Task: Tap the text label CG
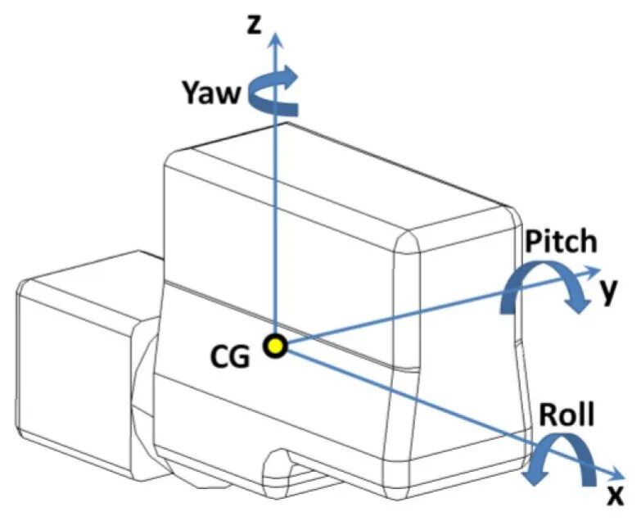(x=230, y=357)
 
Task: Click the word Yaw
(x=210, y=93)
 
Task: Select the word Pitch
(x=561, y=242)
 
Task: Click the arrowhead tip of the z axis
(x=277, y=31)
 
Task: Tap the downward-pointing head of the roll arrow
(x=535, y=474)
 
